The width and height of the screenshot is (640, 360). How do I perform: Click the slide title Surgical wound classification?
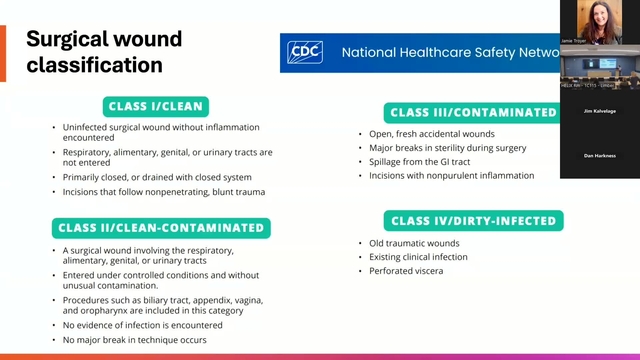click(104, 52)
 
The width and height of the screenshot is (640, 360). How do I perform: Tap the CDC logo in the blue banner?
click(305, 52)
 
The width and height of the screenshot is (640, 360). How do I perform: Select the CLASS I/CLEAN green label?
click(155, 106)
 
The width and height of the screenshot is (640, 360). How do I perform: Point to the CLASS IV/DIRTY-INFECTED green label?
click(473, 220)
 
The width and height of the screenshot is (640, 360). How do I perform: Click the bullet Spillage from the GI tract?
click(418, 162)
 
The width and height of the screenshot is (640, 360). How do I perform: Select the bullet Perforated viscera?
click(400, 270)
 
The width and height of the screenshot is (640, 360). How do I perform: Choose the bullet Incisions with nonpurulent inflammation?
click(450, 176)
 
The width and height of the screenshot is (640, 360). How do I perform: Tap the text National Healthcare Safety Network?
click(450, 52)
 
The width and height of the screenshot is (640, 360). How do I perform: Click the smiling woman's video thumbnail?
click(599, 23)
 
